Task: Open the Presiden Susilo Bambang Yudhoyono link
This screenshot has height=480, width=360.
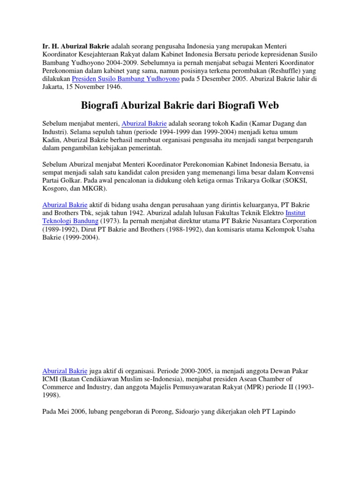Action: (126, 79)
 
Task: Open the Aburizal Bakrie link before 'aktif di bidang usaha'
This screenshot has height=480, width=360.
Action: (65, 205)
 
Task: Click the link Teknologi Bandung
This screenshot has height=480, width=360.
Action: (70, 221)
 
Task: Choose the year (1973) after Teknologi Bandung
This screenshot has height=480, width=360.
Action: (110, 221)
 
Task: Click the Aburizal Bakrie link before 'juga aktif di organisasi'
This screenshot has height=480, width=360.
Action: (65, 371)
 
